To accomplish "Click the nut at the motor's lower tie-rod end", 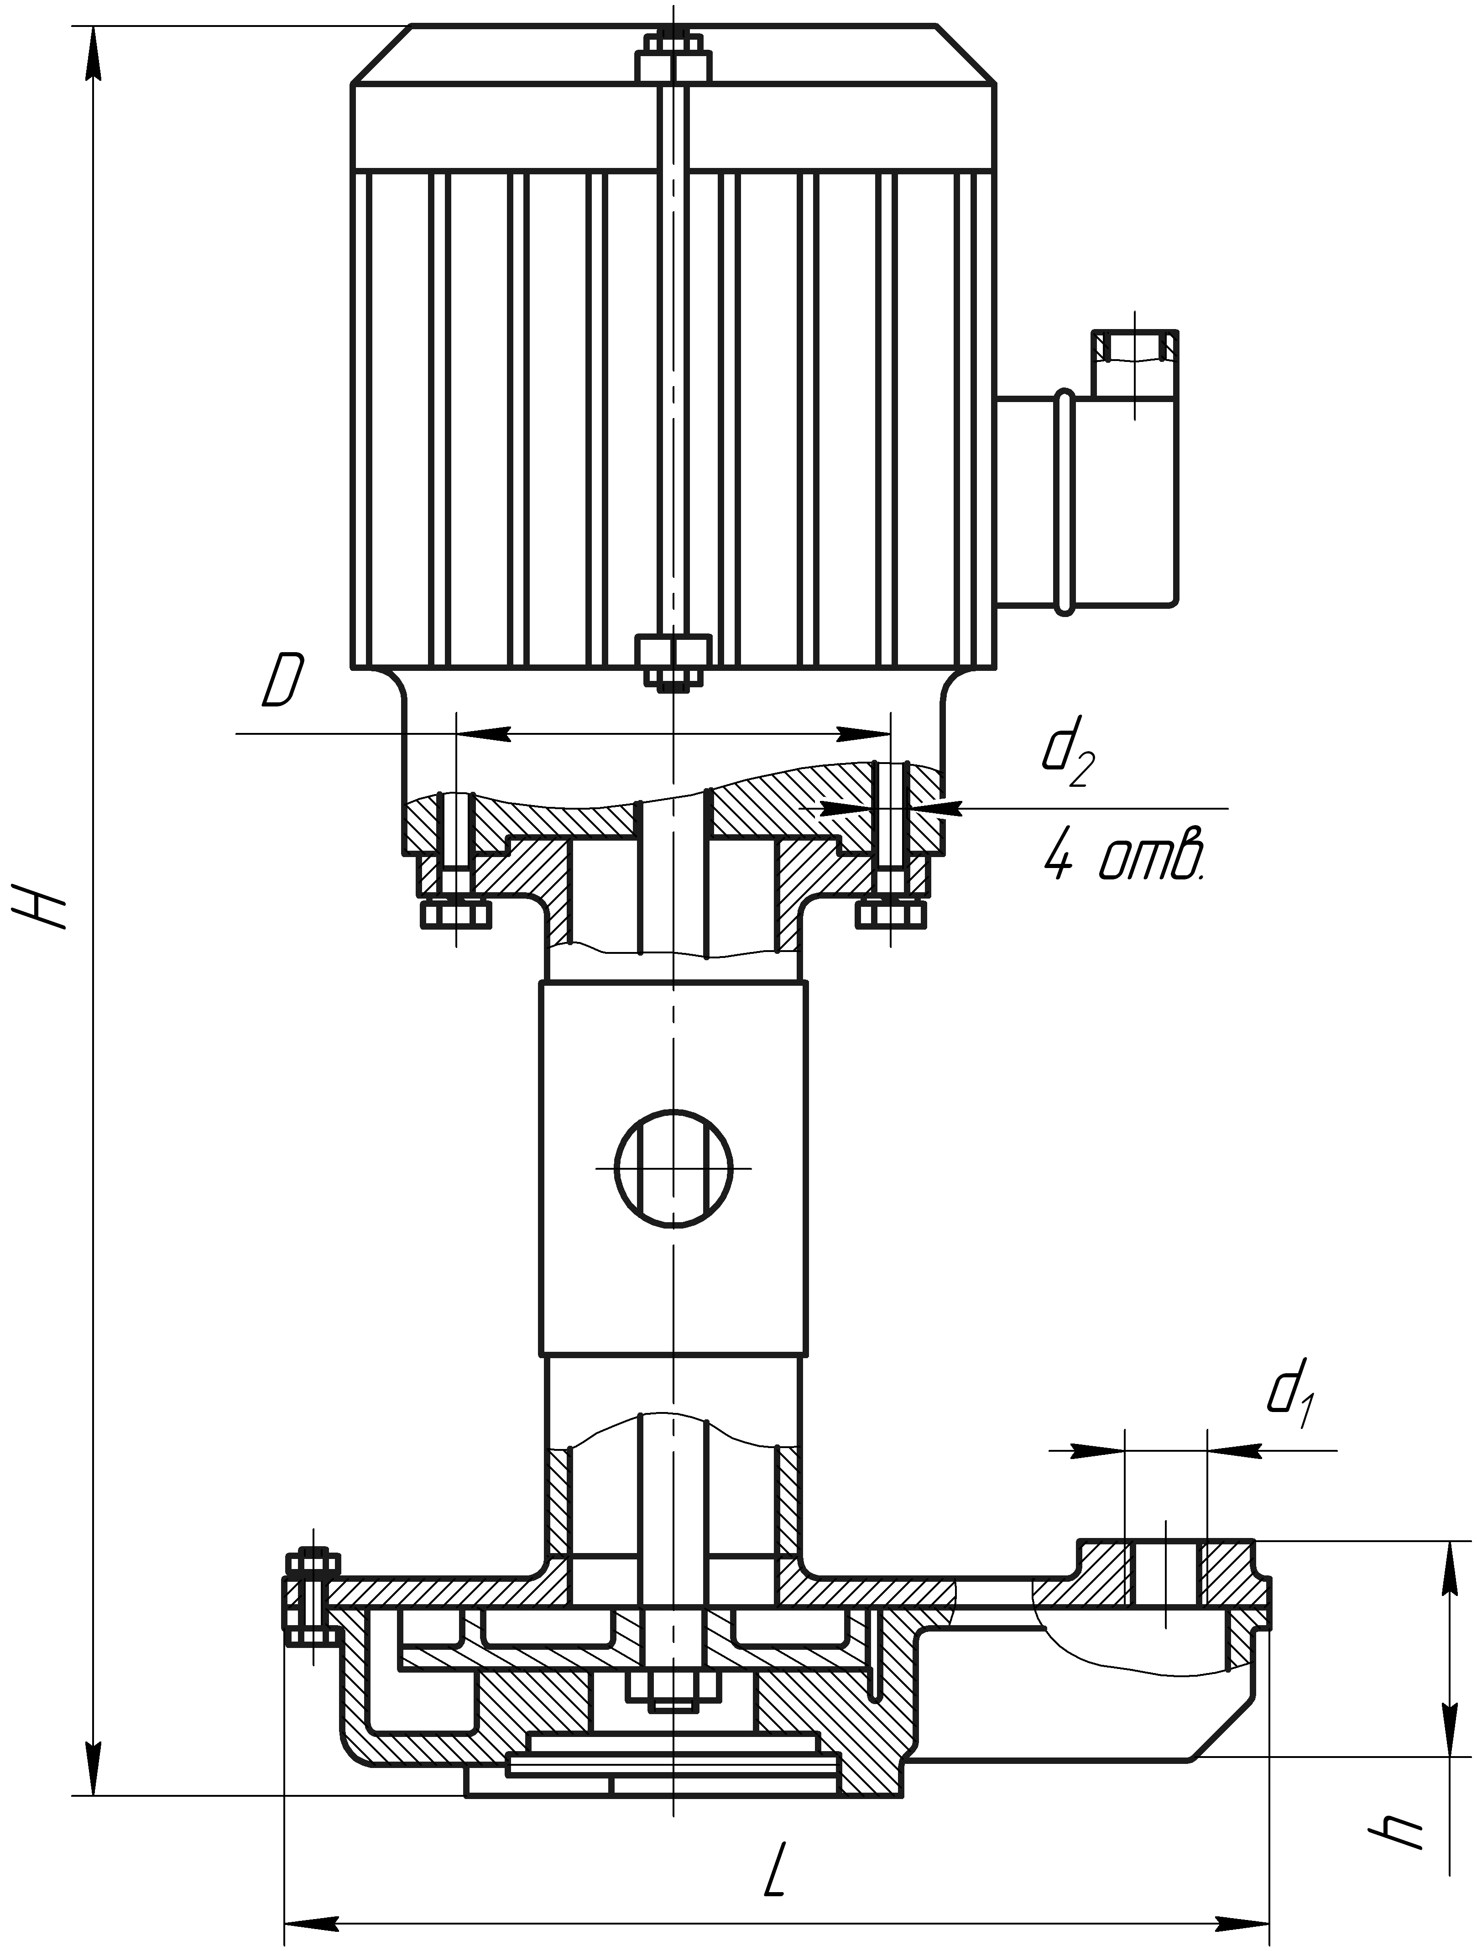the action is pos(673,661).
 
